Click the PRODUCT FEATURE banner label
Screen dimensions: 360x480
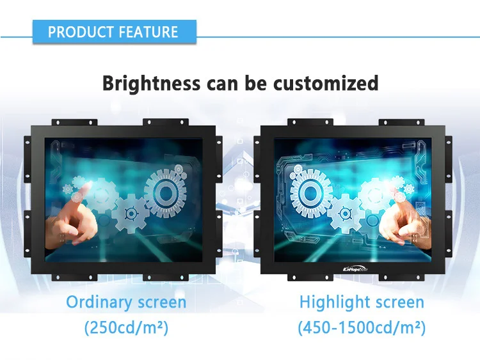click(113, 32)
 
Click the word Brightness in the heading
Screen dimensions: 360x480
click(152, 83)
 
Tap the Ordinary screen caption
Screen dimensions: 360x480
click(126, 302)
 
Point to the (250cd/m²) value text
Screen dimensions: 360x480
click(126, 329)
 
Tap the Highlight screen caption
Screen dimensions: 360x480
click(362, 302)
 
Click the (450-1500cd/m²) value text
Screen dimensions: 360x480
click(362, 329)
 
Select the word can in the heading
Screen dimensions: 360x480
click(223, 83)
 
